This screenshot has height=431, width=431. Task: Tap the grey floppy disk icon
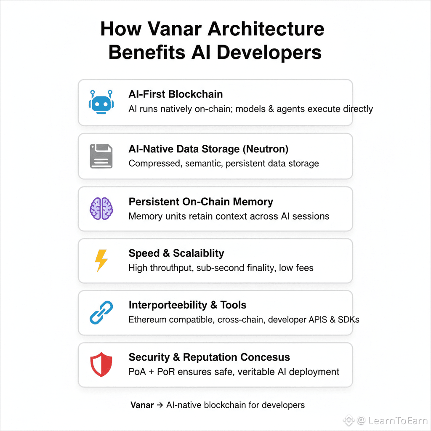101,156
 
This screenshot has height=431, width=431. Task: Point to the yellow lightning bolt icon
101,260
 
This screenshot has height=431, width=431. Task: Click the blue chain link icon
101,312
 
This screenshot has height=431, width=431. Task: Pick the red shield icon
101,364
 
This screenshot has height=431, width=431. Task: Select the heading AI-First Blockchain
176,94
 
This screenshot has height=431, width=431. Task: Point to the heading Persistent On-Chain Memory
201,202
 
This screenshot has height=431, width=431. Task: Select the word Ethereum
149,319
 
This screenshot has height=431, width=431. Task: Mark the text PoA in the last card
137,372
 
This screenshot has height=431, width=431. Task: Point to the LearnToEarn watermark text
398,420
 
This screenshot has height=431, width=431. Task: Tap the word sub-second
221,267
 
